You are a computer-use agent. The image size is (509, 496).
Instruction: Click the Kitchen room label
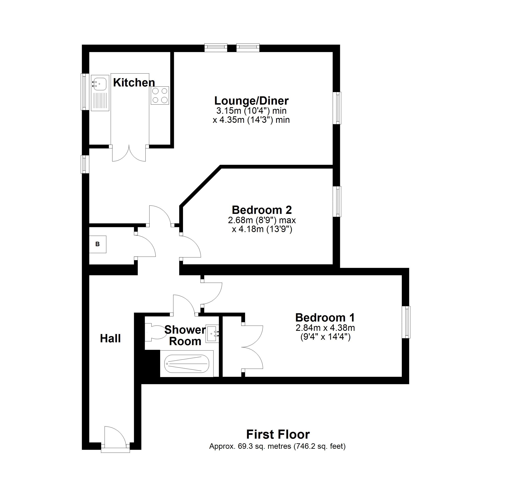click(134, 83)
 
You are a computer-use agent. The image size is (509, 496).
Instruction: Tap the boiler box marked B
click(98, 244)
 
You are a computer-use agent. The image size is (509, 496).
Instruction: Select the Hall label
click(110, 338)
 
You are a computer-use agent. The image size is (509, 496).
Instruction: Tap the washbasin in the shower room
click(212, 333)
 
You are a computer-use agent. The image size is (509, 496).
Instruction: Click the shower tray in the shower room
click(186, 364)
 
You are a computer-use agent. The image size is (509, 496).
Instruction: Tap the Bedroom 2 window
click(337, 201)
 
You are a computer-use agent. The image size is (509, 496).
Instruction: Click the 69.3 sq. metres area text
click(277, 447)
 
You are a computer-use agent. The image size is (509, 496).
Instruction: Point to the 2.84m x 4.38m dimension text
click(325, 328)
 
